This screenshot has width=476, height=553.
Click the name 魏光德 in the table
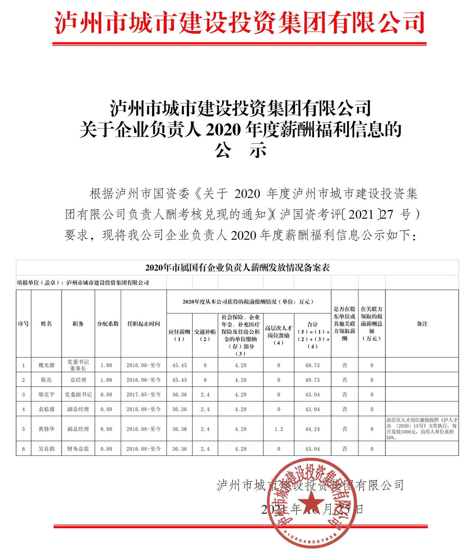click(46, 365)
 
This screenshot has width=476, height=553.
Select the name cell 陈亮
click(46, 380)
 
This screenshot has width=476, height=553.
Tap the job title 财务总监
click(78, 449)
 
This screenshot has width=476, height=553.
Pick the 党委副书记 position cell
click(78, 394)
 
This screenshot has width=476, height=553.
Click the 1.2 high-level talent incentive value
click(279, 429)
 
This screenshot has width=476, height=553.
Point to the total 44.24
click(313, 429)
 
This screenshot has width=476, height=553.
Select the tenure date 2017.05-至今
click(143, 394)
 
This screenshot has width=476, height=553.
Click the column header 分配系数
click(108, 324)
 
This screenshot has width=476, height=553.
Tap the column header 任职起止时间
click(143, 324)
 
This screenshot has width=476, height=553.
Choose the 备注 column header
click(422, 324)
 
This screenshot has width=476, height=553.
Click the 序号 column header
click(23, 324)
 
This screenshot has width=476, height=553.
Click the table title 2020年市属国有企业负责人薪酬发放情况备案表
click(237, 268)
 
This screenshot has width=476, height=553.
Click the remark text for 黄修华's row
click(422, 429)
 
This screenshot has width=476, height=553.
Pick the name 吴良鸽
click(46, 449)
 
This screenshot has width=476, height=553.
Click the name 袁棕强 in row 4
click(46, 409)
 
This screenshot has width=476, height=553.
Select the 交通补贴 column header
click(205, 335)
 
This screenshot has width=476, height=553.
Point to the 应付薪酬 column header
click(179, 335)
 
